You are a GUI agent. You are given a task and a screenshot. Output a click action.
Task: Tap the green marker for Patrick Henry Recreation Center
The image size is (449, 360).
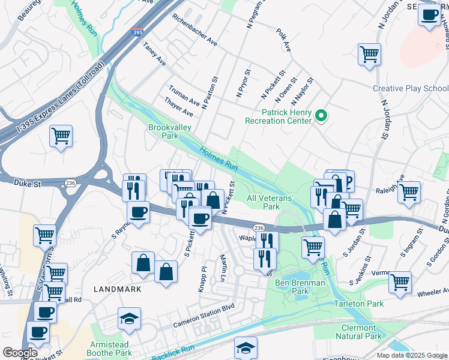point(321,116)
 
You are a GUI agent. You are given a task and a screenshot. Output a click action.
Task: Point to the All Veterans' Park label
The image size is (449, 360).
point(271,202)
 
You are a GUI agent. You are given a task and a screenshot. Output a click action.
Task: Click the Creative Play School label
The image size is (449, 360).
point(410,88)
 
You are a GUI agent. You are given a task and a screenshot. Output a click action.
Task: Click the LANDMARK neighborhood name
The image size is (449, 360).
point(117,289)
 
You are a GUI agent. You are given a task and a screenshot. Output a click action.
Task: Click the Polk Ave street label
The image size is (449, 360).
point(283,39)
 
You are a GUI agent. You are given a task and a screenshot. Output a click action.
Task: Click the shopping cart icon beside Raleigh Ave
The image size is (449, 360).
point(409,193)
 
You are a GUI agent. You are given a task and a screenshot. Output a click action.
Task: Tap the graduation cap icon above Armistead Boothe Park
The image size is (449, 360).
point(129,319)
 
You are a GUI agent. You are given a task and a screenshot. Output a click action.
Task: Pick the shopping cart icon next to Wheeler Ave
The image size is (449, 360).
point(400,282)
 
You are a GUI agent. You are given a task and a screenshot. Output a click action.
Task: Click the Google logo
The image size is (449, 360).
point(20,353)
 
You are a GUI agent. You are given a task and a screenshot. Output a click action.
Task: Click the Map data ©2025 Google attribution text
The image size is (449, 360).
point(411,355)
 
